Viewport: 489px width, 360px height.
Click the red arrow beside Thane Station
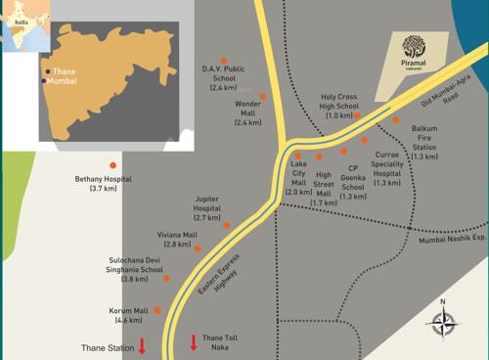coord(142,344)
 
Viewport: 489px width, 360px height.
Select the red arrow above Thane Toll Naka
coord(194,342)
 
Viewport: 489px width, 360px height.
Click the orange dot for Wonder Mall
coord(262,96)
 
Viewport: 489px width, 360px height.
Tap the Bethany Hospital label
coord(103,183)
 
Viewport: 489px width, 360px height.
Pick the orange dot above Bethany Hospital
coord(113,164)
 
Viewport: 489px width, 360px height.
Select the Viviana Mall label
coord(177,239)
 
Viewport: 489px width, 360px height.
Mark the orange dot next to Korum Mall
coord(157,310)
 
